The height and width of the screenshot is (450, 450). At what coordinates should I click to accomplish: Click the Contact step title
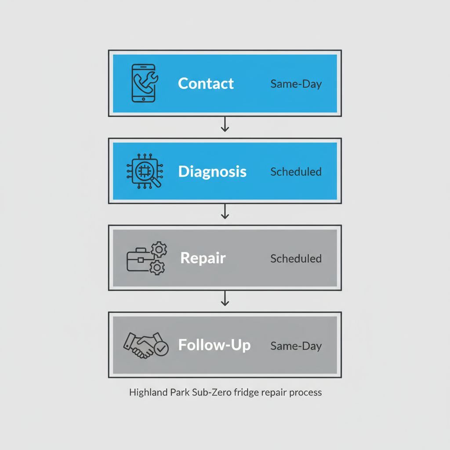[206, 83]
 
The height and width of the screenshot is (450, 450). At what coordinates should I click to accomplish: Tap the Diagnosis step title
[212, 171]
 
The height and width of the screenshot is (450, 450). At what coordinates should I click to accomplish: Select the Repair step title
[203, 258]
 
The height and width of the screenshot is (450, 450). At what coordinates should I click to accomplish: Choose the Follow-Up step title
[214, 345]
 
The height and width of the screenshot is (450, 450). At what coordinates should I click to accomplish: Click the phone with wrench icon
[144, 83]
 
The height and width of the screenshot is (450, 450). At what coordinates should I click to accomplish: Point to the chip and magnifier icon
[144, 171]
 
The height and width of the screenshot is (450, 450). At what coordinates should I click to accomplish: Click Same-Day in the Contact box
[296, 84]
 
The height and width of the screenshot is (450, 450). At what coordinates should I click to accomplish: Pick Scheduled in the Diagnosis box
[296, 171]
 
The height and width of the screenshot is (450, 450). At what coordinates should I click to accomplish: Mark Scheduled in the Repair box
[296, 258]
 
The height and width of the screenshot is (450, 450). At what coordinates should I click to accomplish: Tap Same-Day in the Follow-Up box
[296, 346]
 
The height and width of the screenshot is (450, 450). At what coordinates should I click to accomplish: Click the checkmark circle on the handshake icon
[161, 349]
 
